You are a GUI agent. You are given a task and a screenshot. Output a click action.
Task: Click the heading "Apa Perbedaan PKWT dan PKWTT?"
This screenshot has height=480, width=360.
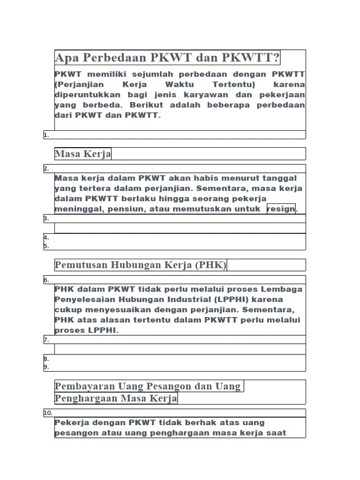(167, 58)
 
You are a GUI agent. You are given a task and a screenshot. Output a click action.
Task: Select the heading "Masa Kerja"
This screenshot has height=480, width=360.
(83, 154)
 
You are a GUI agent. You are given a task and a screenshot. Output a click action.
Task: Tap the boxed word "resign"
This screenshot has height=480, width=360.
(281, 209)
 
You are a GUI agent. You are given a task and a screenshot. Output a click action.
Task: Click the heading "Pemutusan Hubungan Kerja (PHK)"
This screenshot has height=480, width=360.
(141, 265)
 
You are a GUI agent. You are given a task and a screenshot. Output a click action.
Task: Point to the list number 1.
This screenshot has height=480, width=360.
(46, 135)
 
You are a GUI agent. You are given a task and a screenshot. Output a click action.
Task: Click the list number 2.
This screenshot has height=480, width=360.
(46, 169)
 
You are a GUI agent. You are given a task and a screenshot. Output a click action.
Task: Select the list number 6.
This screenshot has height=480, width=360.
(46, 280)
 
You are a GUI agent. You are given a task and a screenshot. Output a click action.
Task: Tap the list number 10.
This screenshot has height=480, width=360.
(48, 413)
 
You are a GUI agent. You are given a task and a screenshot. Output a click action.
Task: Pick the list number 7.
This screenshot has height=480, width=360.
(46, 340)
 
